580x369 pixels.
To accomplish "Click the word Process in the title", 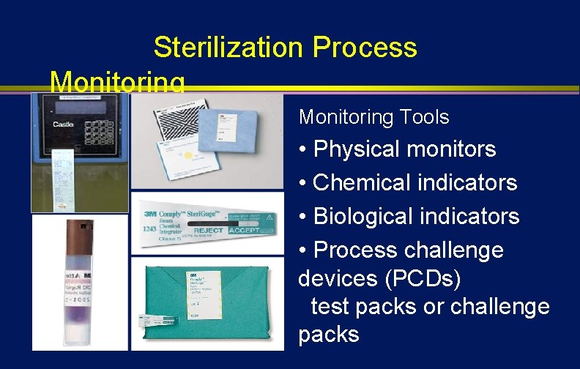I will (x=364, y=48).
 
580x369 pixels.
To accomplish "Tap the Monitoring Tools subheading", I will (x=373, y=117).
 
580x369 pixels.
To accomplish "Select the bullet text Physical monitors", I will (x=404, y=149).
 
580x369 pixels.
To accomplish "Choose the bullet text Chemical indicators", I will (x=414, y=182).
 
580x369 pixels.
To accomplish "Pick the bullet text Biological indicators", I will (x=416, y=217).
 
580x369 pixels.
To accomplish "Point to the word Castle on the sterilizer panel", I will (x=63, y=124).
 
